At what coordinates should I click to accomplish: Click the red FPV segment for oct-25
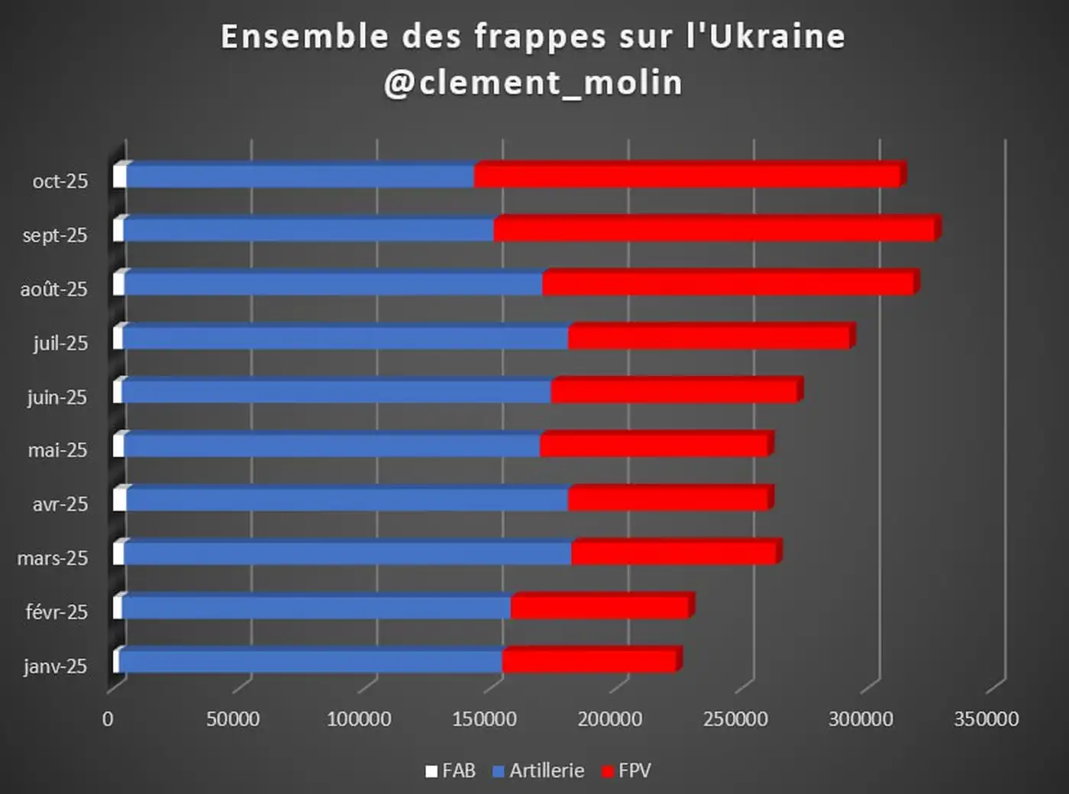pos(687,177)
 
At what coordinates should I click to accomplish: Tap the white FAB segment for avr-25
pos(119,500)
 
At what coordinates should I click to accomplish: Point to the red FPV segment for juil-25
pos(709,339)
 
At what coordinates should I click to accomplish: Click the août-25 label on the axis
pos(54,290)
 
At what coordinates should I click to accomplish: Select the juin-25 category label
pos(57,397)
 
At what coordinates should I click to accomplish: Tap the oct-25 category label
pos(60,182)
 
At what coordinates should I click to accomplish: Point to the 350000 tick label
pos(986,719)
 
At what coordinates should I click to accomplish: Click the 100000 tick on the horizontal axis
pos(359,719)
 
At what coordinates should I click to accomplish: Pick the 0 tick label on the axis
pos(108,719)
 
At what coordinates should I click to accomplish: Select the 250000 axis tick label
pos(735,719)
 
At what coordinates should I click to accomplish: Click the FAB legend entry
pos(451,771)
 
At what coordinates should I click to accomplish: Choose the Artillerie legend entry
pos(538,771)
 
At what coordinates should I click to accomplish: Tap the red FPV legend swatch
pos(608,772)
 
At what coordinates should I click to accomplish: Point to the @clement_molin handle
pos(533,83)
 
